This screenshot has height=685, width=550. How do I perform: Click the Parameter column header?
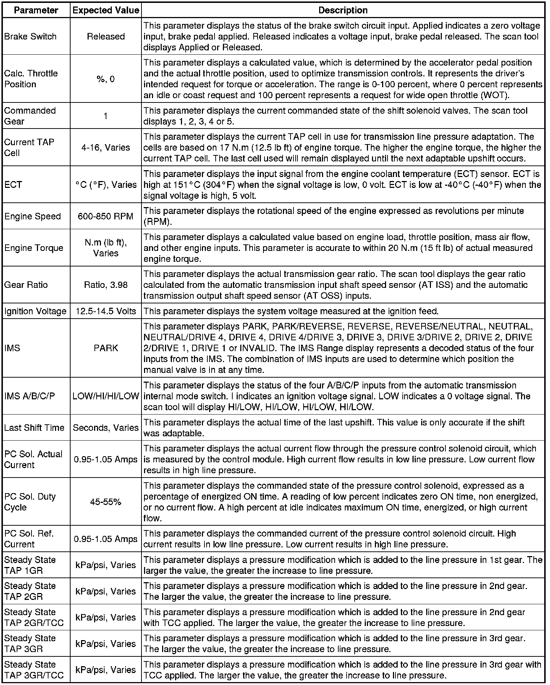pos(36,10)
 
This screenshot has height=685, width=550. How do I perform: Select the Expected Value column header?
pos(106,10)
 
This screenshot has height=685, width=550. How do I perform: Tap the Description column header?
pos(343,10)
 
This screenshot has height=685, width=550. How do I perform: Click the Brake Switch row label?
pos(30,37)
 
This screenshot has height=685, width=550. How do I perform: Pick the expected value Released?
pos(106,37)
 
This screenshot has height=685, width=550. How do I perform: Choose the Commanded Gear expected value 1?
pos(106,116)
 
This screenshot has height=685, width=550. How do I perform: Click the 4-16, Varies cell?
pos(106,147)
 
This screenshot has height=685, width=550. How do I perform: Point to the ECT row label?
pos(13,185)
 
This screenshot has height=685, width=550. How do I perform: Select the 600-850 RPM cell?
pos(106,216)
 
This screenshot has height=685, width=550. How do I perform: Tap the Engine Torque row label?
pos(34,248)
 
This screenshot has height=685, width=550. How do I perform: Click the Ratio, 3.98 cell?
pos(106,285)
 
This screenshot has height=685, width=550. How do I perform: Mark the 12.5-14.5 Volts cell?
pos(106,311)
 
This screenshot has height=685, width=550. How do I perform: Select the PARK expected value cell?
pos(106,348)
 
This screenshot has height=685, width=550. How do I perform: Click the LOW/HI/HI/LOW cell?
pos(106,396)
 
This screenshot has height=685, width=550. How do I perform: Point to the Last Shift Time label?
pos(34,428)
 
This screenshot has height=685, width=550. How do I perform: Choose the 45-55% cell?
pos(106,502)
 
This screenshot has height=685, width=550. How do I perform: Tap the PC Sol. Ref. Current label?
pos(29,539)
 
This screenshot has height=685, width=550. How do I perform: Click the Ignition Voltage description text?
pos(291,311)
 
